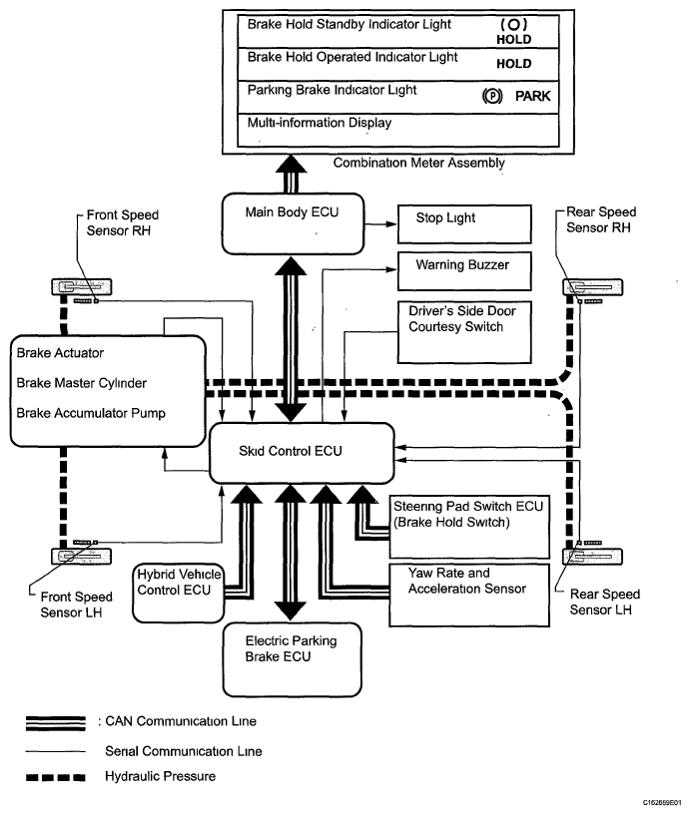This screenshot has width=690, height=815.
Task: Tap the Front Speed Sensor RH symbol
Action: coord(77,288)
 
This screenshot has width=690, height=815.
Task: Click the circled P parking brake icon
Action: coord(491,99)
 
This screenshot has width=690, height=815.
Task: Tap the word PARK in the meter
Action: coord(532,99)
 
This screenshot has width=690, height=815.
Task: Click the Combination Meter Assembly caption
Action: coord(418,163)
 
